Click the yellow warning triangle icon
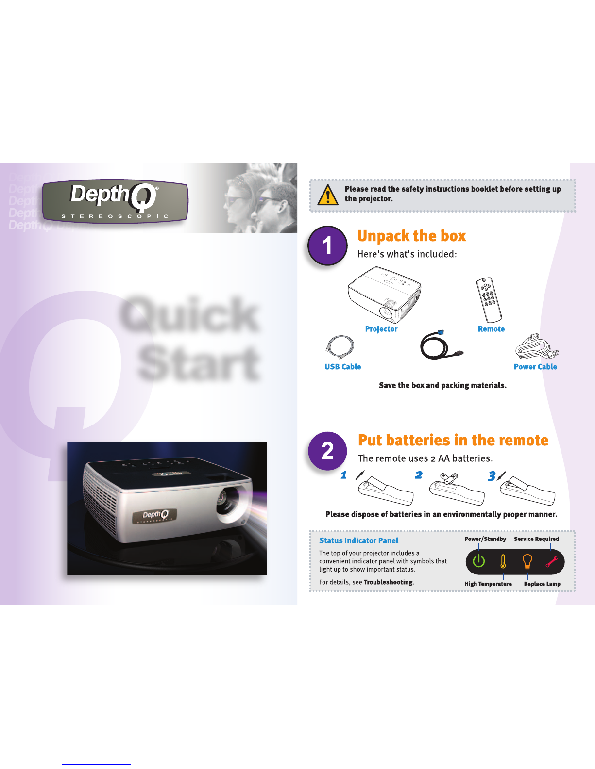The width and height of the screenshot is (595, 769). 327,195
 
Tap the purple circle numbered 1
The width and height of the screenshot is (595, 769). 327,245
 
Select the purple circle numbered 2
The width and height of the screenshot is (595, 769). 327,451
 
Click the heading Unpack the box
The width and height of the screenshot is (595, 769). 411,236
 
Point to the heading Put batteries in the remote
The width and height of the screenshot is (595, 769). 453,440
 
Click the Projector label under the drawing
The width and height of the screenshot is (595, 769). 381,329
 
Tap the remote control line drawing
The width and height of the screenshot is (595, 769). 489,300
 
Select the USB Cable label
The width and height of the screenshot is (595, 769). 343,367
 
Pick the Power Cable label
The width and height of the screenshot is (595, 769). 535,367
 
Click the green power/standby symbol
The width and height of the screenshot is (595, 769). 479,561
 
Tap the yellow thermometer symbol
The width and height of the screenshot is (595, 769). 503,561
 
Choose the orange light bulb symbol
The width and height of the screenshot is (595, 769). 527,561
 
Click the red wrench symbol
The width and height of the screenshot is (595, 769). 552,561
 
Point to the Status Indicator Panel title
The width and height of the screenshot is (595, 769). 359,540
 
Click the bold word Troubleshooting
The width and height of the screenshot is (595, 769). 388,582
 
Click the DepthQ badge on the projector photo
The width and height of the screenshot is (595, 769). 154,516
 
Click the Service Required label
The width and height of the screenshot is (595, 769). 536,539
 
